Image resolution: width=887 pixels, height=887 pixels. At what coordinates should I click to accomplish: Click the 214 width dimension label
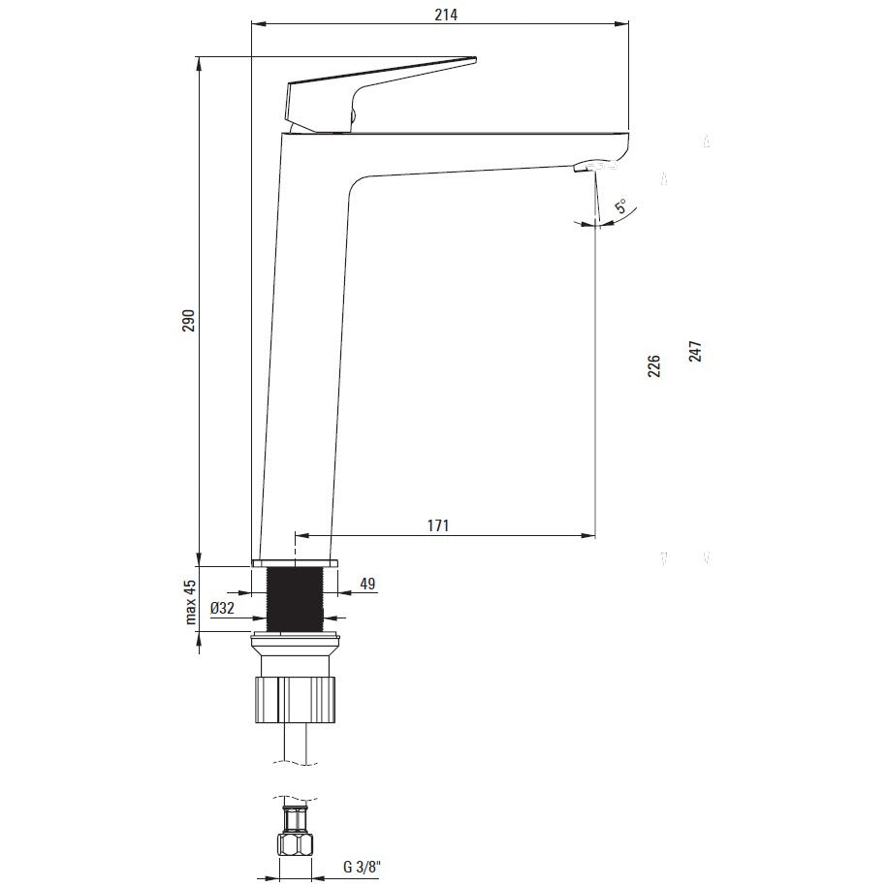[446, 15]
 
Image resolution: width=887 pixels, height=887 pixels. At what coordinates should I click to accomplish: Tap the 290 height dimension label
[188, 321]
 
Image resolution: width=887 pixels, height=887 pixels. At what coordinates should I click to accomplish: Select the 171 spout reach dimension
[438, 525]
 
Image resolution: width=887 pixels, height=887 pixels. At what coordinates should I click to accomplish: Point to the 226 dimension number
[654, 366]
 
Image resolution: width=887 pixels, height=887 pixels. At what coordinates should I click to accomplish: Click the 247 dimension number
[695, 351]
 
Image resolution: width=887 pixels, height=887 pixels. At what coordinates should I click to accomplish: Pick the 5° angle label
[621, 206]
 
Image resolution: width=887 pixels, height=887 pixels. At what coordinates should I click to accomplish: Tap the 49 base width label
[367, 584]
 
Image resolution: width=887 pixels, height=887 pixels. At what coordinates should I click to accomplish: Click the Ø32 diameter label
[222, 608]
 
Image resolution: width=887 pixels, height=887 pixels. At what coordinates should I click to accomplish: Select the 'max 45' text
[191, 601]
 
